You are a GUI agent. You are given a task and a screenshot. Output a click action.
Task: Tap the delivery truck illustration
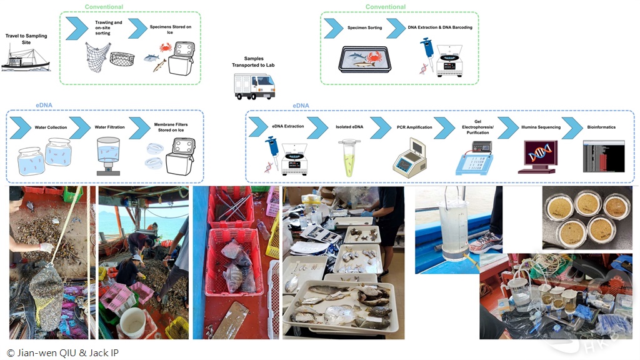coord(254,86)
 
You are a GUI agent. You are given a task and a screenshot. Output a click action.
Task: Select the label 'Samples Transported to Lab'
coord(253,62)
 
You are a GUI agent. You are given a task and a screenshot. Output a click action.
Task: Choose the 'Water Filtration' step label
coord(109,127)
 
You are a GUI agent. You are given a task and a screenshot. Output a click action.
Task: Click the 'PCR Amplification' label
coord(414,127)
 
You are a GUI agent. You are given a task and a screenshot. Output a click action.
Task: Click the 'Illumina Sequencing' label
coord(541,127)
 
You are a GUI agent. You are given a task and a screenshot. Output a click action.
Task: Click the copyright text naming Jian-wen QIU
coord(62,352)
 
